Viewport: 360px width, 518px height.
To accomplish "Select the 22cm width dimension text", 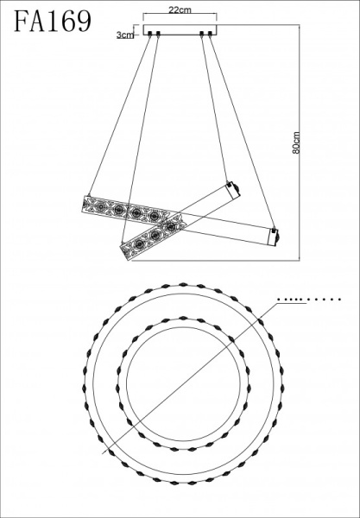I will tap(180, 9).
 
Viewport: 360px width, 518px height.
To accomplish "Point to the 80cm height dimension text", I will tap(296, 143).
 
